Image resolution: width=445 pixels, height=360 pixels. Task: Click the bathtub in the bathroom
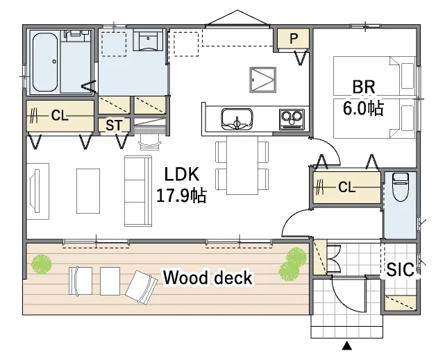tap(45, 62)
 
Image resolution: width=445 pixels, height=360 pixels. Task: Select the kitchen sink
tap(237, 119)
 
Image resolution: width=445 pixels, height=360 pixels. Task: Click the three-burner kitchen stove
tap(292, 119)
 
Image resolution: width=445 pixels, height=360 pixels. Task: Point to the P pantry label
tap(294, 38)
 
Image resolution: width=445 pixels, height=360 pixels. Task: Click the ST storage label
tap(114, 125)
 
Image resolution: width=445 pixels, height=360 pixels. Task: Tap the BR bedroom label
tap(363, 87)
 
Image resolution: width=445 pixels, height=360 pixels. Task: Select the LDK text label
tap(182, 174)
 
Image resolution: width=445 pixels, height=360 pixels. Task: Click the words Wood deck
tap(208, 277)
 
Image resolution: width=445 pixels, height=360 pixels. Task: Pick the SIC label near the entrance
tap(401, 269)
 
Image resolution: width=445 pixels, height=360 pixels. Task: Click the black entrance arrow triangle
tap(346, 346)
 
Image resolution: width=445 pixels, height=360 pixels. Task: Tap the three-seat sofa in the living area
tap(138, 191)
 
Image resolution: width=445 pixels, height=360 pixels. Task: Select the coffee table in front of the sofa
tap(88, 191)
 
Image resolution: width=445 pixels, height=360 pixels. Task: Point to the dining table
tap(242, 165)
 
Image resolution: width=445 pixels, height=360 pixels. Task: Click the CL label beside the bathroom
tap(60, 115)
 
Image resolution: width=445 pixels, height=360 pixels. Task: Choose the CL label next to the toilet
tap(346, 187)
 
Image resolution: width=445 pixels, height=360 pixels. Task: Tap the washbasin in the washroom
tap(148, 40)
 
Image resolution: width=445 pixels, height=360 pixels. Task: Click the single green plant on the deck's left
tap(42, 264)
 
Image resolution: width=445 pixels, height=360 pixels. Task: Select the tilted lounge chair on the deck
tap(142, 287)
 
